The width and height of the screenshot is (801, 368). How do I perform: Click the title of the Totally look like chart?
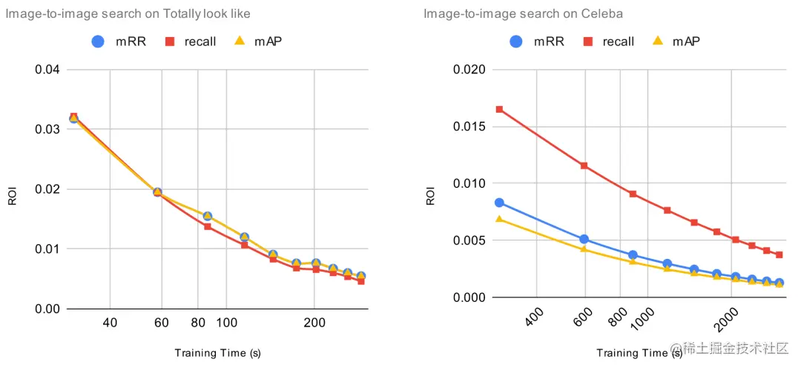128,13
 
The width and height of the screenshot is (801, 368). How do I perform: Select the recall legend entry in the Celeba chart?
609,42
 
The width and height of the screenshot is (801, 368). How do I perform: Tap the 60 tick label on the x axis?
162,323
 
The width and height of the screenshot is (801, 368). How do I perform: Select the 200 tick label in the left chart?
314,323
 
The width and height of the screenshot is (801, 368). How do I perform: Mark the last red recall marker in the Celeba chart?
779,255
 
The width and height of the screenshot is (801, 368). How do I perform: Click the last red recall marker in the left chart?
360,281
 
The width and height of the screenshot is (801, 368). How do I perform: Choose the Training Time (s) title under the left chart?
217,352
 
